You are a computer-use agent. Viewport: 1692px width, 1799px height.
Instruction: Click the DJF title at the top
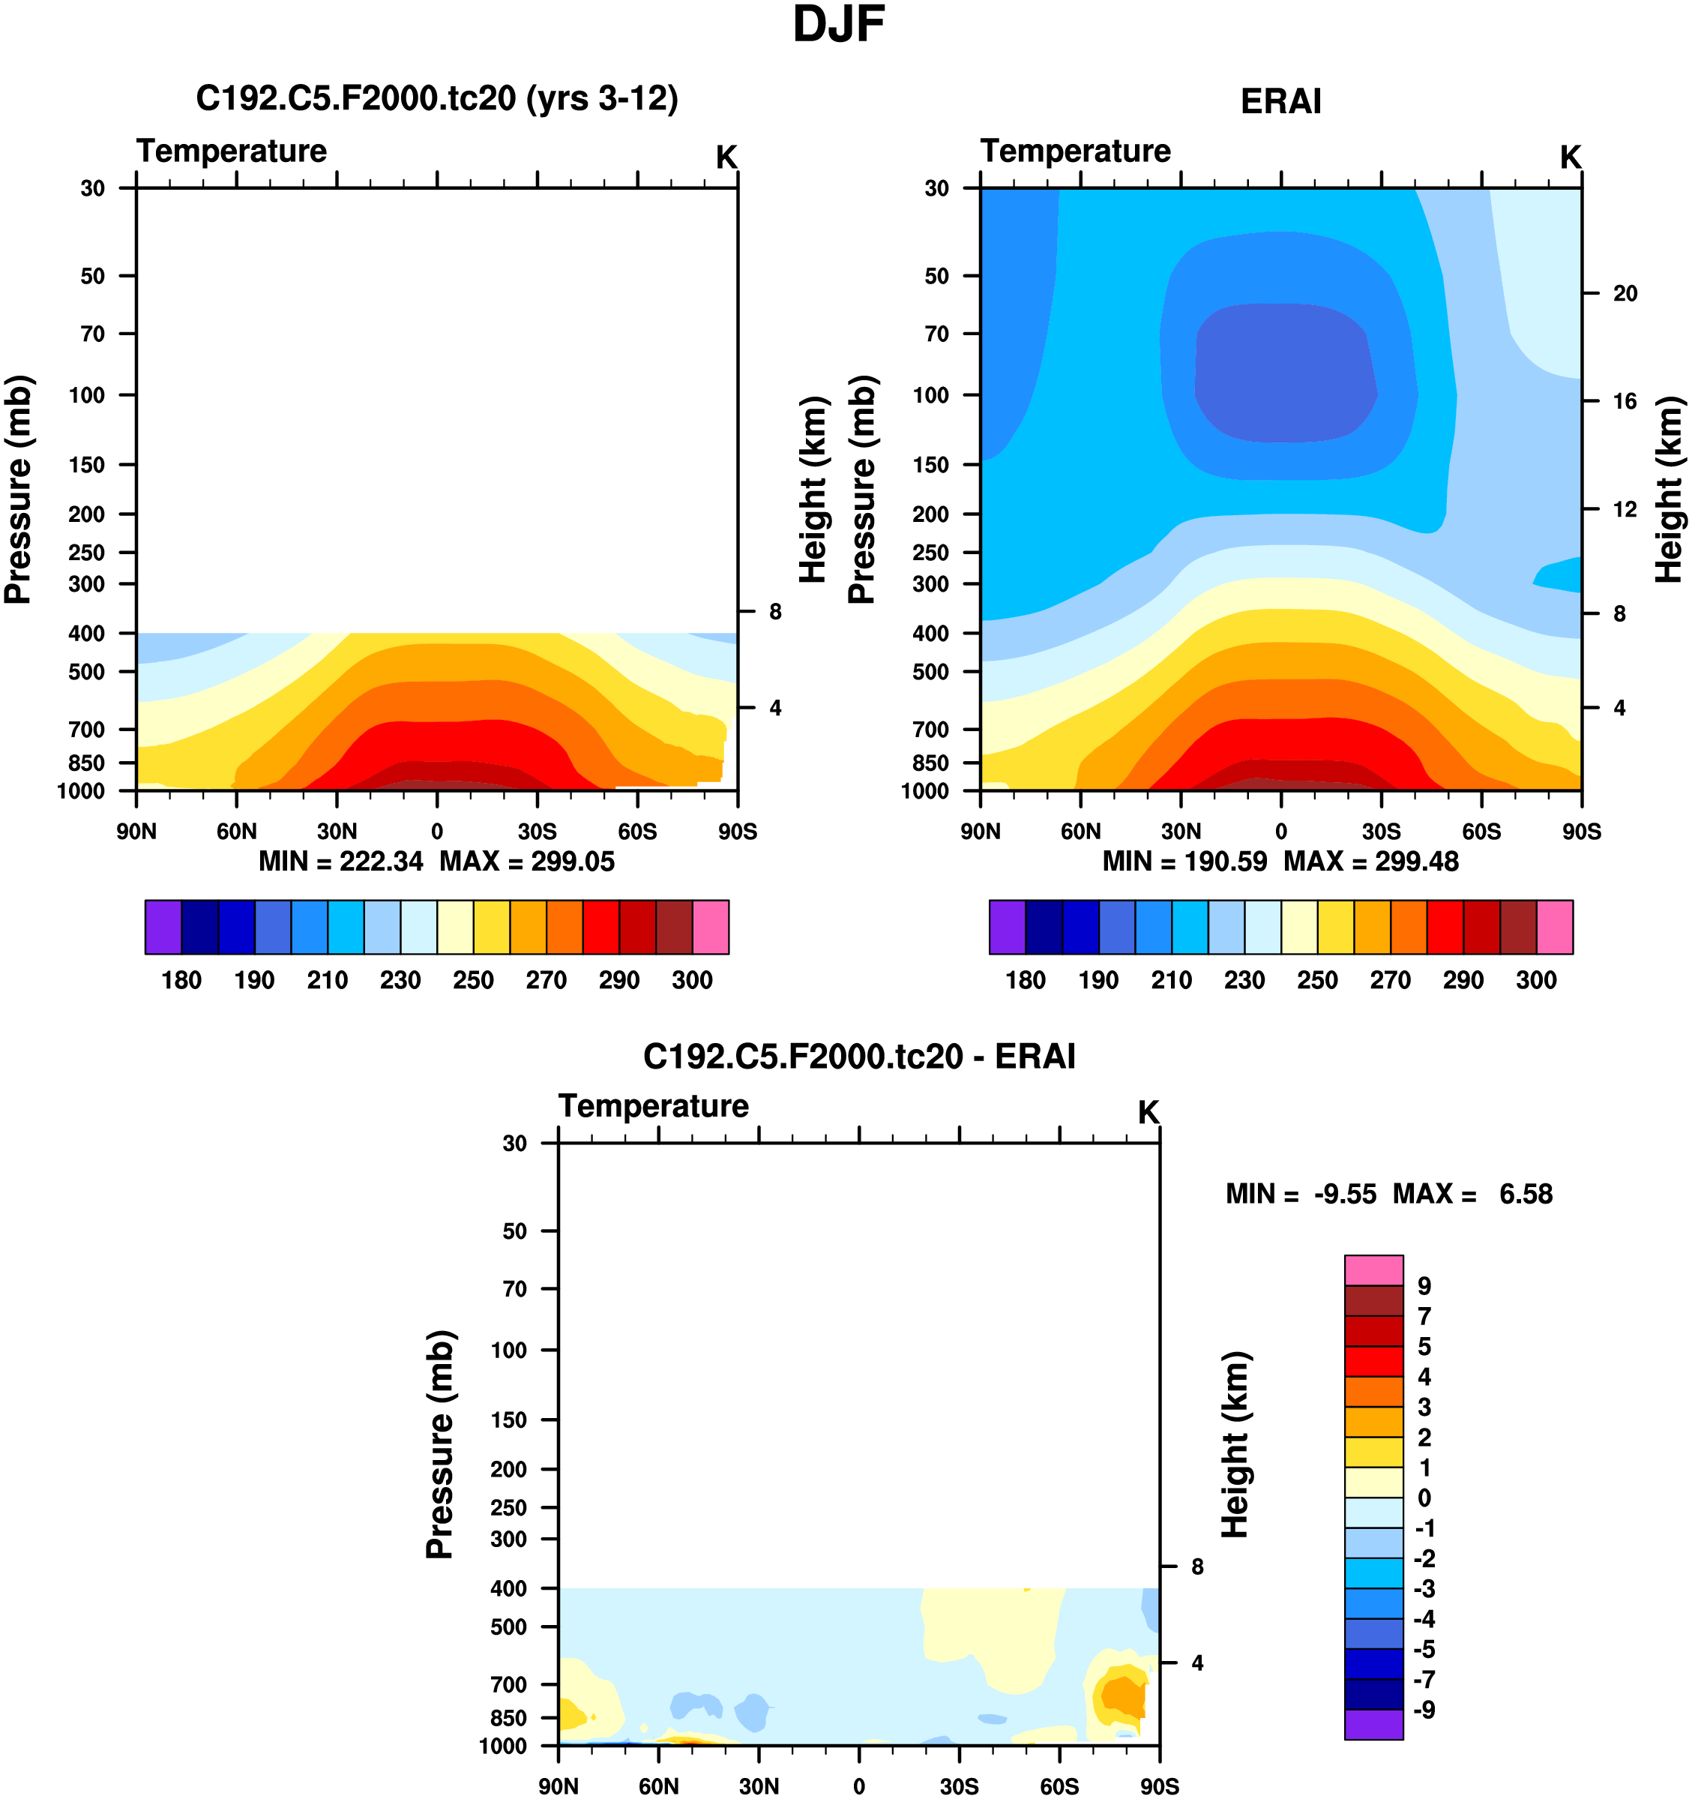point(838,25)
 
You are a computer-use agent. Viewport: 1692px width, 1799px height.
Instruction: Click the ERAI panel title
point(1280,101)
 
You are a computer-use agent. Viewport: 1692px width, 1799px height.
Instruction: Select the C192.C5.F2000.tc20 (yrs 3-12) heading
point(436,97)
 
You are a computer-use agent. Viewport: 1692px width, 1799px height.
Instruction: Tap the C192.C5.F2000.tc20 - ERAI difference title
point(858,1056)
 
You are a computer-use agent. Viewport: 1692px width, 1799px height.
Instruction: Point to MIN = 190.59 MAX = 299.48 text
point(1280,862)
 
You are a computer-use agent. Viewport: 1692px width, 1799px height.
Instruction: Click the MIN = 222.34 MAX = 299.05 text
point(436,862)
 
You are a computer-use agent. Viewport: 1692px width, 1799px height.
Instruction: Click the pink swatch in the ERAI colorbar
point(1555,927)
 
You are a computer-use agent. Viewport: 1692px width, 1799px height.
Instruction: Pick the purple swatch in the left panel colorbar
point(163,927)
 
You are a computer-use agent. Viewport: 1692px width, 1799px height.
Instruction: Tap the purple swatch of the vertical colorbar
point(1373,1724)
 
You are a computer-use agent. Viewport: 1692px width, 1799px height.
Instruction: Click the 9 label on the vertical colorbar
point(1424,1286)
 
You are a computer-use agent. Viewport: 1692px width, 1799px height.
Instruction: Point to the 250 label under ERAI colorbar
point(1316,980)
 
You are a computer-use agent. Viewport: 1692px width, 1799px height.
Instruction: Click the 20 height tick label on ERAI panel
point(1625,293)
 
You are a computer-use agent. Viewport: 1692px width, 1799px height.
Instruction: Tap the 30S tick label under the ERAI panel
point(1381,832)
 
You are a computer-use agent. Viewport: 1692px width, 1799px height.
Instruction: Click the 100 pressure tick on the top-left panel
point(87,394)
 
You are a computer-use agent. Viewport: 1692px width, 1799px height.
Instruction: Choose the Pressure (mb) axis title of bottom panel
point(440,1444)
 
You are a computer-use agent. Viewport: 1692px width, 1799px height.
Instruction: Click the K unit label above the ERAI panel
point(1570,157)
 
